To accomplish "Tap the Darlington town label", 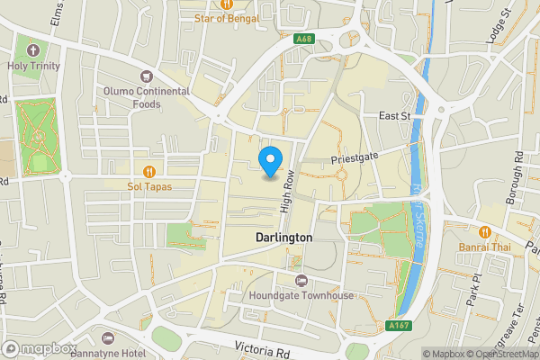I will pyautogui.click(x=283, y=238).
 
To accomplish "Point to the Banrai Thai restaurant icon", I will pyautogui.click(x=486, y=232).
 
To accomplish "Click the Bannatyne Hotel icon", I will pyautogui.click(x=109, y=338).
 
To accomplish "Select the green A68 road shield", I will pyautogui.click(x=305, y=39).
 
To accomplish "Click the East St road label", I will pyautogui.click(x=394, y=116).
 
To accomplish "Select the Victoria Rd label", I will pyautogui.click(x=265, y=346).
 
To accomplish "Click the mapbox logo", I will pyautogui.click(x=40, y=348).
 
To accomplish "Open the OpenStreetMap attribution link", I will pyautogui.click(x=498, y=354).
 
